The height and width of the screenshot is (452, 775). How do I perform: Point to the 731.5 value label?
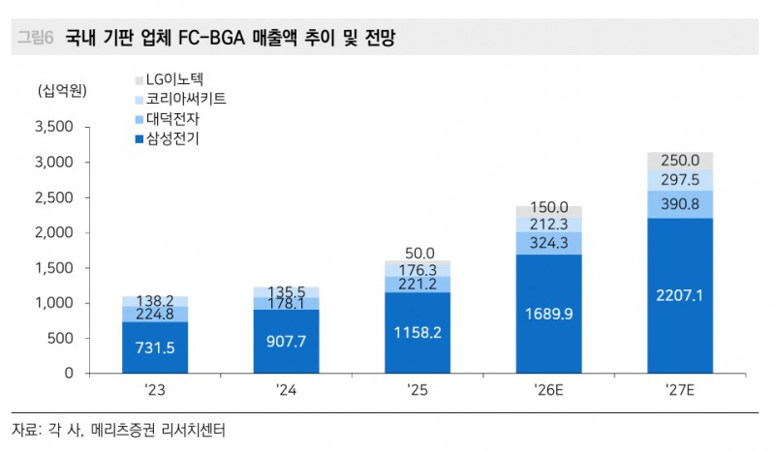point(155,347)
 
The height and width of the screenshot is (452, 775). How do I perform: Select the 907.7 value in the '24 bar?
point(287,340)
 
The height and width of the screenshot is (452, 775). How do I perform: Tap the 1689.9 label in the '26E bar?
point(549,314)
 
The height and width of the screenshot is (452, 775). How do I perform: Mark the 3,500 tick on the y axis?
point(54,127)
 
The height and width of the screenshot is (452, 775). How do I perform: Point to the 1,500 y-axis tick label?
point(54,268)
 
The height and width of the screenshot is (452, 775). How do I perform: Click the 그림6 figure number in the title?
point(35,39)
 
